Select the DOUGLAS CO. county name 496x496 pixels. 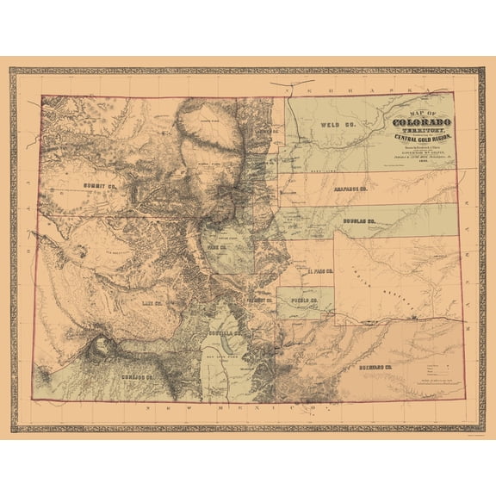pos(358,221)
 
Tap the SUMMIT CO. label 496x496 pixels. pos(101,185)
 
